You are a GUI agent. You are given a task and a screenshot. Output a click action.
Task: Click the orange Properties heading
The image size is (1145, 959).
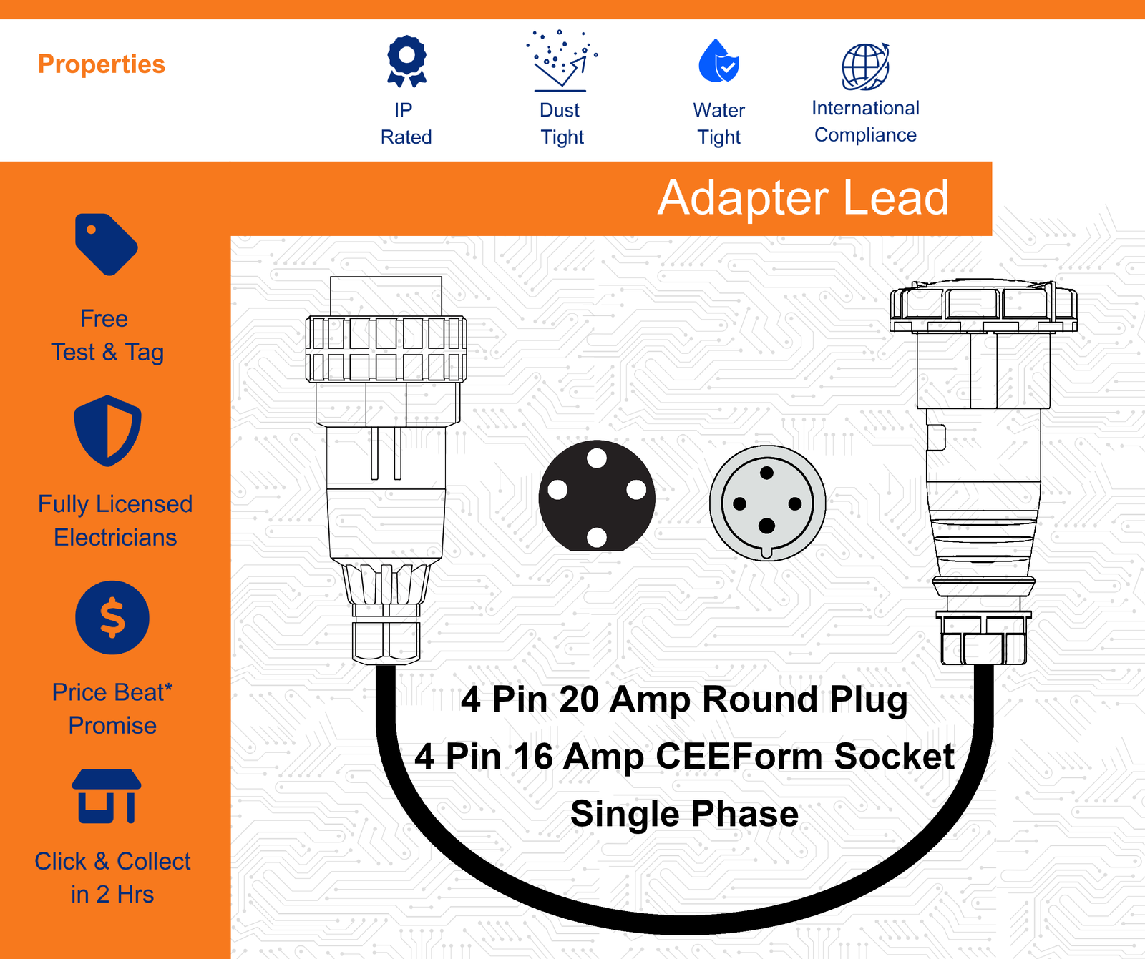102,64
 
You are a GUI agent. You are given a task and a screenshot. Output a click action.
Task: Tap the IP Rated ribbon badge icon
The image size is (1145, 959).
406,62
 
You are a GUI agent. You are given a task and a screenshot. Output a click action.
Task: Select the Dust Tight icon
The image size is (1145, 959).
562,61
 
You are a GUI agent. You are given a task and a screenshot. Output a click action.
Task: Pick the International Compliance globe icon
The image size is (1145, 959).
866,67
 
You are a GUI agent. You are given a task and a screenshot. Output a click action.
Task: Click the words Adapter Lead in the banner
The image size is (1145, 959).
804,198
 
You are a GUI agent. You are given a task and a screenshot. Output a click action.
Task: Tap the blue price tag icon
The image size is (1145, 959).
107,244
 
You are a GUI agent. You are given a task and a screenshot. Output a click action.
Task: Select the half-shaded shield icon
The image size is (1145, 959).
108,431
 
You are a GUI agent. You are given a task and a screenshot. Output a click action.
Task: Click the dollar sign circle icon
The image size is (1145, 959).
112,618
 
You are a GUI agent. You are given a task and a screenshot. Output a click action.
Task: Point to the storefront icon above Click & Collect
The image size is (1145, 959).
107,796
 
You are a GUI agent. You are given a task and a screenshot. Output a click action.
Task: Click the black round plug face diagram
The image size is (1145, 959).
597,496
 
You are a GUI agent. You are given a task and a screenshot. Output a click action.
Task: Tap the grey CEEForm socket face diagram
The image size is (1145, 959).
767,503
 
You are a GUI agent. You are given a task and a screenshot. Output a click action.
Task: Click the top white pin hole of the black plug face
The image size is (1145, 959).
597,458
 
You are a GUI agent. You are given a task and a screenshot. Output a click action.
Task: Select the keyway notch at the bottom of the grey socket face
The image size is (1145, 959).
766,552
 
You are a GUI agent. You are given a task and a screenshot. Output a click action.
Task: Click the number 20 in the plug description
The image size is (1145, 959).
579,699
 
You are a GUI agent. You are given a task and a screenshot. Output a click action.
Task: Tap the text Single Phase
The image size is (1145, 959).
685,814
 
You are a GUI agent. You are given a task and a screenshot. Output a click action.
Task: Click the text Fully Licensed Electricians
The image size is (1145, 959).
115,521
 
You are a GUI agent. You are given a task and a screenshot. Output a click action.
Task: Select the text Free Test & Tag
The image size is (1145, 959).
107,335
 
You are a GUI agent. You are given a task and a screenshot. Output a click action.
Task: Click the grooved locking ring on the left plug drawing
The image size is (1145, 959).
386,349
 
